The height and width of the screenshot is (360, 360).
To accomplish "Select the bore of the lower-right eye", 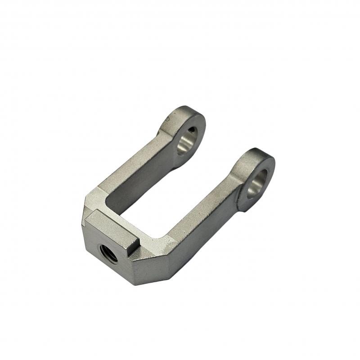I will (257, 184).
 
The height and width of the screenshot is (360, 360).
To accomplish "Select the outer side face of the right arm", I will (211, 234).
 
